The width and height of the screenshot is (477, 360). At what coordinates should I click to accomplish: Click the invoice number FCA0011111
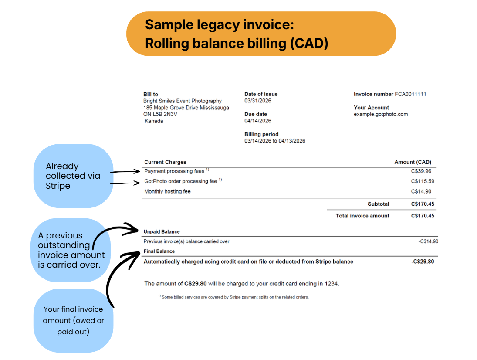pos(410,94)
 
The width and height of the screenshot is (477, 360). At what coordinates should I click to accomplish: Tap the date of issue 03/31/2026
pos(258,101)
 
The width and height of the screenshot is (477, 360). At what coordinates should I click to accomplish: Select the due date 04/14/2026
pos(258,121)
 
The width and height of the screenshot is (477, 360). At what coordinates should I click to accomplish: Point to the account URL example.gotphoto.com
pos(381,114)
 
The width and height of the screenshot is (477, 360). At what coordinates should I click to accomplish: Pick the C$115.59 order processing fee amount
pos(422,181)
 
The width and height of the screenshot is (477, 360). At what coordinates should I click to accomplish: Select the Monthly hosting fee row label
pos(167,191)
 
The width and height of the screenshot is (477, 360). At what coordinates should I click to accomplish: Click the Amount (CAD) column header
pos(413,162)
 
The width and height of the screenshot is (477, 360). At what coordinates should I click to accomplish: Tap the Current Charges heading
pos(165,162)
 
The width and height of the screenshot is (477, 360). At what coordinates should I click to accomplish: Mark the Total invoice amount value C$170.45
pos(423,216)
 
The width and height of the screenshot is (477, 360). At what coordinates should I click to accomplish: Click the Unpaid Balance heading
pos(162,232)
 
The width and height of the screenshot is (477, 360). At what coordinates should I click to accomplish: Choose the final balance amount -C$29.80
pos(423,262)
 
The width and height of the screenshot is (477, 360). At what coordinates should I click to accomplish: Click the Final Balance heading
pos(159,251)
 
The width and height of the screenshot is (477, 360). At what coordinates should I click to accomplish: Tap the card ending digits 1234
pos(331,284)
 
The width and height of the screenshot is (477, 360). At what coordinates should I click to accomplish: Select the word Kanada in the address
pos(154,121)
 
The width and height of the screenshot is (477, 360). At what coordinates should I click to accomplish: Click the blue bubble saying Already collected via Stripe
pos(73,176)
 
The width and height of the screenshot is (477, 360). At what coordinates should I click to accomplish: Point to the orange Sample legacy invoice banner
pos(260,34)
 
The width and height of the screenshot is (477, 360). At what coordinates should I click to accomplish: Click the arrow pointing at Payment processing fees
pos(127,172)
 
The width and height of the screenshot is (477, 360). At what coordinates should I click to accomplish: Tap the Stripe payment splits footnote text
pos(235,297)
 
